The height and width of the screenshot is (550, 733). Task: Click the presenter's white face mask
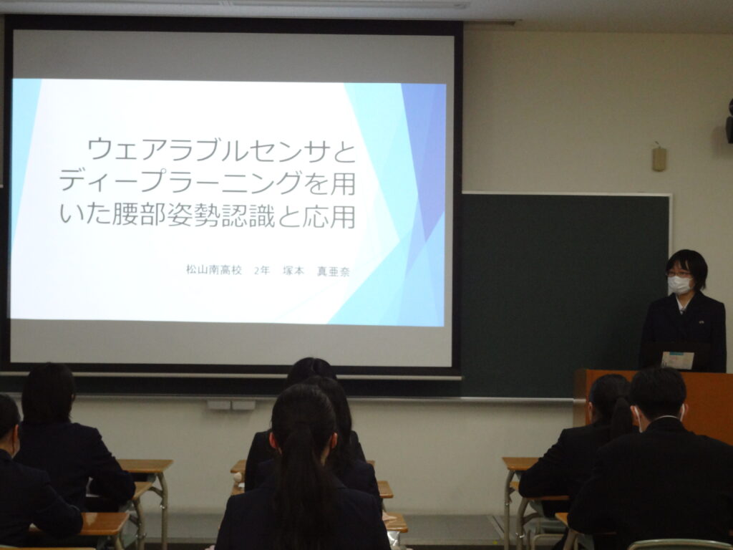pyautogui.click(x=679, y=285)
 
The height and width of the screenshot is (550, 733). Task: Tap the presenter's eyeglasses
pyautogui.click(x=679, y=274)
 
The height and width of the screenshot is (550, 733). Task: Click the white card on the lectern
pyautogui.click(x=677, y=360)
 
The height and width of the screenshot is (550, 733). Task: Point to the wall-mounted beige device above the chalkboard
pyautogui.click(x=659, y=158)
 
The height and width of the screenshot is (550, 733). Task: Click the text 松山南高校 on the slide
pyautogui.click(x=213, y=270)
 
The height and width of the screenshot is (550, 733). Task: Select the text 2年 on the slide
pyautogui.click(x=262, y=270)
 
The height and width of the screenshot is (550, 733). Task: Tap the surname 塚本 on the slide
pyautogui.click(x=293, y=271)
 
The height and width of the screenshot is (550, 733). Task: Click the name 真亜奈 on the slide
pyautogui.click(x=334, y=271)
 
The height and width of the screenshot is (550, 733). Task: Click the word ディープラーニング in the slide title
pyautogui.click(x=180, y=183)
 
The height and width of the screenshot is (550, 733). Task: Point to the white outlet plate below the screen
pyautogui.click(x=231, y=405)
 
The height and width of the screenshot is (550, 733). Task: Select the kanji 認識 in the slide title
pyautogui.click(x=248, y=215)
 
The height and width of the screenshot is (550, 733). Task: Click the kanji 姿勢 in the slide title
pyautogui.click(x=194, y=215)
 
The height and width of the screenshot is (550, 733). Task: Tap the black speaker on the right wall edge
pyautogui.click(x=729, y=122)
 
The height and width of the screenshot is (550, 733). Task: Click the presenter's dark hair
pyautogui.click(x=688, y=264)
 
